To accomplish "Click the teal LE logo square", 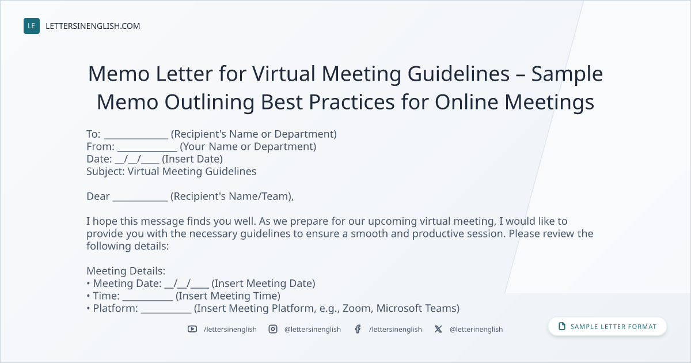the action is click(32, 26).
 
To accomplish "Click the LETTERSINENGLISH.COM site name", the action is click(93, 26).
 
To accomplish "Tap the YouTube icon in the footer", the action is click(192, 329).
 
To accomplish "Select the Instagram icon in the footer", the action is click(273, 329).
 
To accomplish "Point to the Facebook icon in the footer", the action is click(358, 329).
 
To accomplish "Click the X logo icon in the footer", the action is click(438, 329).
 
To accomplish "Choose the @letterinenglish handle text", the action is click(476, 330).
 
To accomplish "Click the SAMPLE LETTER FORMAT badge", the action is click(607, 326).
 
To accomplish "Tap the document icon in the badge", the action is click(562, 326).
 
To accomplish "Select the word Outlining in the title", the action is click(210, 102).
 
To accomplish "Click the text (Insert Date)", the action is click(192, 159).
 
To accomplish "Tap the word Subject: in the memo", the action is click(105, 172).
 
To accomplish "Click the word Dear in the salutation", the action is click(98, 196).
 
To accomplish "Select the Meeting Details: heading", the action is click(126, 271).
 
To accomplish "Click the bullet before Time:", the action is click(88, 296).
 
